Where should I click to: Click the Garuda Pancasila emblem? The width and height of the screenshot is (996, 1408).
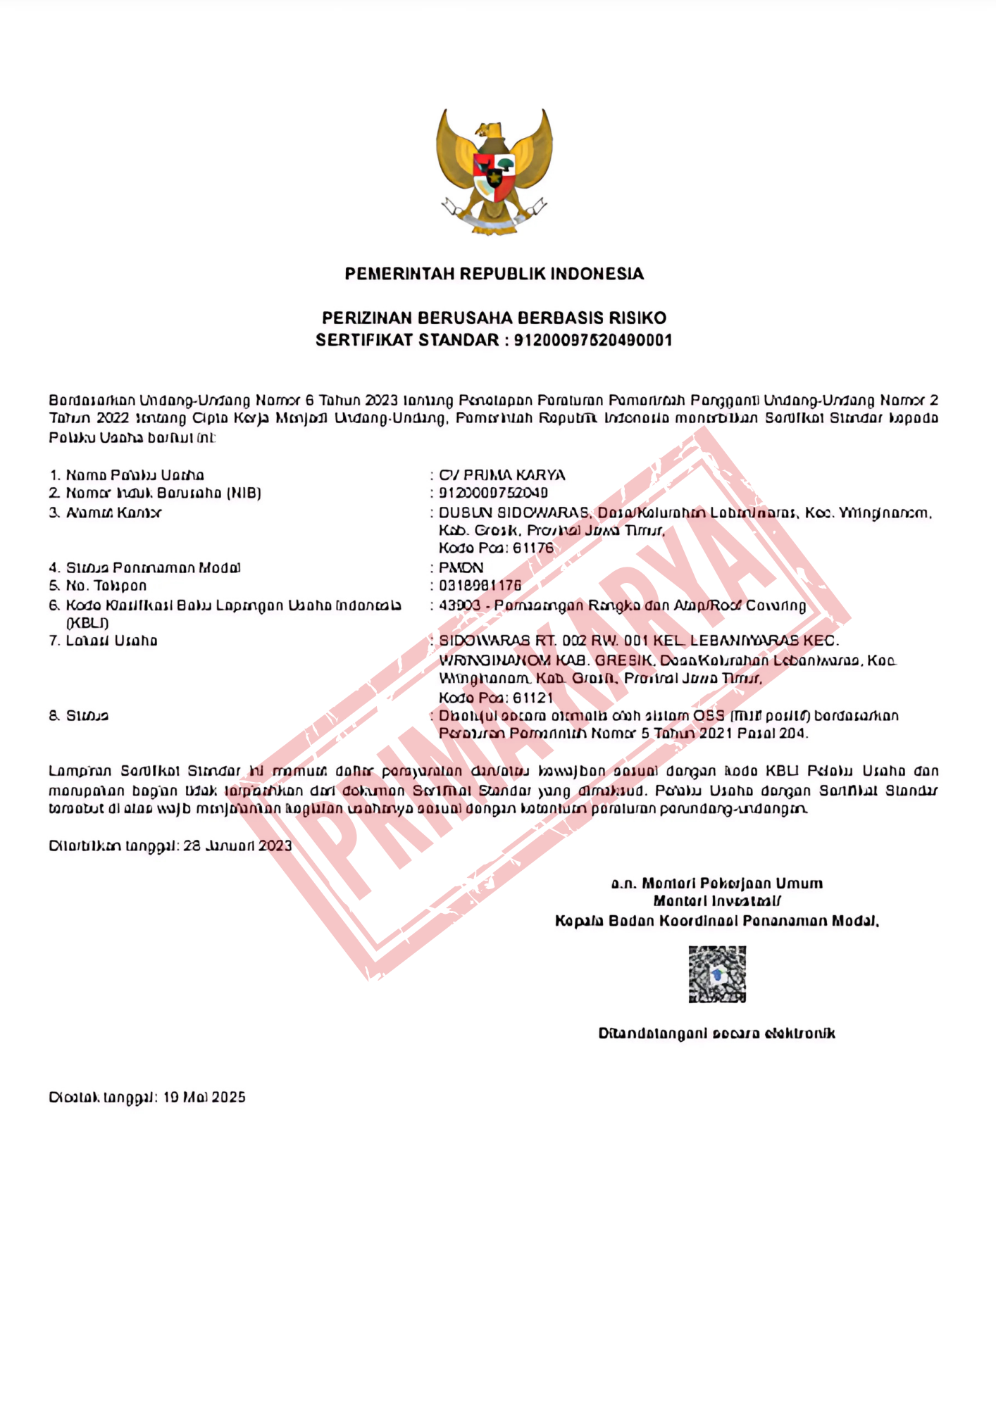[x=494, y=172]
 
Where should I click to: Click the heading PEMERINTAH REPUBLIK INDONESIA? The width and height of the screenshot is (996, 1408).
[x=494, y=274]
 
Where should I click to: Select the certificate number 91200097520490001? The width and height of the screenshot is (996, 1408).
[x=593, y=340]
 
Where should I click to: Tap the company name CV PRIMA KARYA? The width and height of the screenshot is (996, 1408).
[x=502, y=475]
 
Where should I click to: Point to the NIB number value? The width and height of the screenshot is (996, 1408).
[x=493, y=493]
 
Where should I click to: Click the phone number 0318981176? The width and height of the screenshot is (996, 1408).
[x=480, y=586]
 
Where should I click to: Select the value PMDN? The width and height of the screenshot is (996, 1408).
[x=461, y=567]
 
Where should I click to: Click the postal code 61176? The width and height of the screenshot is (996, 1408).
[x=533, y=548]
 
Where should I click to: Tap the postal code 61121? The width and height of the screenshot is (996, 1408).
[x=533, y=698]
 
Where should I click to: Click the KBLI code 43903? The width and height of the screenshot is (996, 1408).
[x=459, y=605]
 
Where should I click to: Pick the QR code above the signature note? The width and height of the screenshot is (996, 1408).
[x=717, y=974]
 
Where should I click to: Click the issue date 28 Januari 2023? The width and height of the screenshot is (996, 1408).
[x=237, y=846]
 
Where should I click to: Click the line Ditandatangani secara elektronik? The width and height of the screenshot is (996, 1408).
[x=716, y=1033]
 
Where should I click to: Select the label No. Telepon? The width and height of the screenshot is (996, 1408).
[x=106, y=586]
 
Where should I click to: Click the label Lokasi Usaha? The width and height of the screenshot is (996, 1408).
[x=111, y=641]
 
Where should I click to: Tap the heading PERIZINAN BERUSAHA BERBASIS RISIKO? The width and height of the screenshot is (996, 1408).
[x=494, y=318]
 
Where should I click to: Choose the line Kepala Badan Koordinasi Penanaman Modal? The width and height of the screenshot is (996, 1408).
[x=716, y=921]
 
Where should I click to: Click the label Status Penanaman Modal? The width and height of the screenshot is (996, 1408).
[x=153, y=567]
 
